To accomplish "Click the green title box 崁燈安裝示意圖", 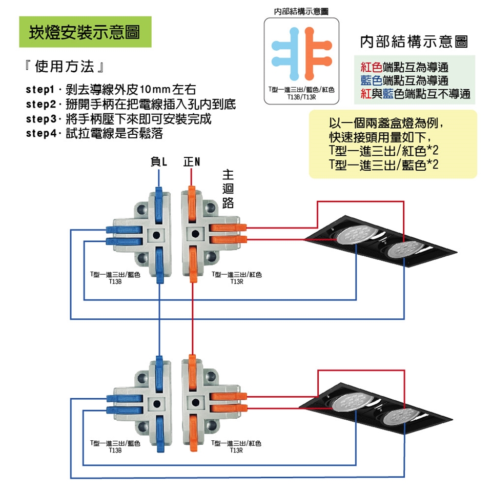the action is (86, 32).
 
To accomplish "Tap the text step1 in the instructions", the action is (40, 90).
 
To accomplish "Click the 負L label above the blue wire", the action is (159, 161).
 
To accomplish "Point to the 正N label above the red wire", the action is (192, 161).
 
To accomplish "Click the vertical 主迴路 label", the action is (228, 189).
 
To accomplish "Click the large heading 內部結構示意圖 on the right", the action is (414, 42).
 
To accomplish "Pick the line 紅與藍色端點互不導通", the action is (415, 94).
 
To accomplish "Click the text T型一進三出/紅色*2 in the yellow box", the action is (383, 151).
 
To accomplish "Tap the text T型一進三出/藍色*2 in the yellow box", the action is (383, 165).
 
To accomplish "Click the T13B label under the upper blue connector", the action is (115, 282).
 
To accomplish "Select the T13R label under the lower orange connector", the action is (236, 450).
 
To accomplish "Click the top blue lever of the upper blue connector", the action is (159, 204).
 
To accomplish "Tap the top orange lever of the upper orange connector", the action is (192, 204).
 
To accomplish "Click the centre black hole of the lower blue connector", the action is (157, 404).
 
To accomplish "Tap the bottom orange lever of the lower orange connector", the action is (193, 433).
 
